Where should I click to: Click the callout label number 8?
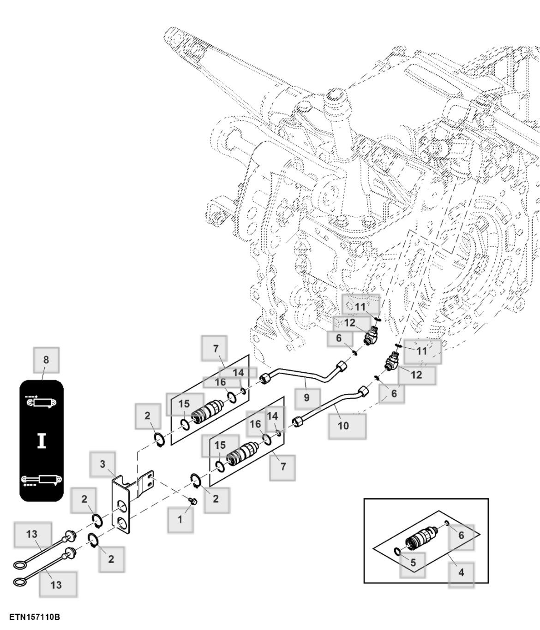click(x=46, y=360)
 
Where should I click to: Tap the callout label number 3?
click(x=103, y=464)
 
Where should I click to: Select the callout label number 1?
click(x=180, y=519)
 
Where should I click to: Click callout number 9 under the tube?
click(x=307, y=397)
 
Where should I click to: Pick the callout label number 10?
click(x=343, y=426)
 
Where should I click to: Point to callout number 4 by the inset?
click(x=461, y=573)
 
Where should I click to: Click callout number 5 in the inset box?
click(x=413, y=563)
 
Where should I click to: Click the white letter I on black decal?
click(x=42, y=440)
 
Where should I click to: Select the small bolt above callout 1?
click(x=194, y=501)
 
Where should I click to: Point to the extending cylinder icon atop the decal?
click(x=42, y=402)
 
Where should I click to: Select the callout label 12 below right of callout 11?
click(x=416, y=375)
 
